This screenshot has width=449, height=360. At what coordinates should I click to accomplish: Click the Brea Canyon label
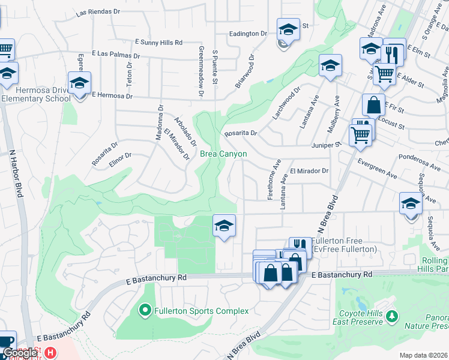223,154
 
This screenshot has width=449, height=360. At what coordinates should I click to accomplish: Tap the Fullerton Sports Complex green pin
145,310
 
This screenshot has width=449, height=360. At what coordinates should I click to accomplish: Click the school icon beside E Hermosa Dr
79,85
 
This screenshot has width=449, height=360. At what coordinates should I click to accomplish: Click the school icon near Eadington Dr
288,29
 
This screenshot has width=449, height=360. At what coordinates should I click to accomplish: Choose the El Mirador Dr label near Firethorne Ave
310,171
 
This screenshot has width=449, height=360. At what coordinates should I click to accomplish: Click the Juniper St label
326,145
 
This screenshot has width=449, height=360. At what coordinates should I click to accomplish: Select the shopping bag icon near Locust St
373,106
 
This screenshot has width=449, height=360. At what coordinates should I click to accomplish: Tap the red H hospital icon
51,353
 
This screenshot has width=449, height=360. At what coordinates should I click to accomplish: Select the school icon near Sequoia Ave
411,203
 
